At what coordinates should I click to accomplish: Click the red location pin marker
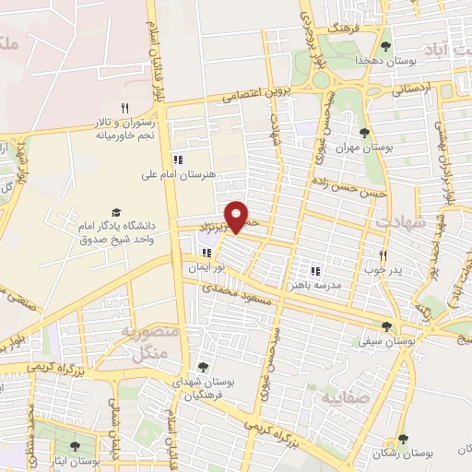(x=238, y=217)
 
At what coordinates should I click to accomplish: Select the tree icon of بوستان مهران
(x=365, y=132)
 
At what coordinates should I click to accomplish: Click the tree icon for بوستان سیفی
(x=386, y=326)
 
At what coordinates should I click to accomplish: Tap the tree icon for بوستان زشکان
(x=401, y=440)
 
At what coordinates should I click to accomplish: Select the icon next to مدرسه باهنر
(x=314, y=270)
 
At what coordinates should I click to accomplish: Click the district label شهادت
(x=399, y=223)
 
